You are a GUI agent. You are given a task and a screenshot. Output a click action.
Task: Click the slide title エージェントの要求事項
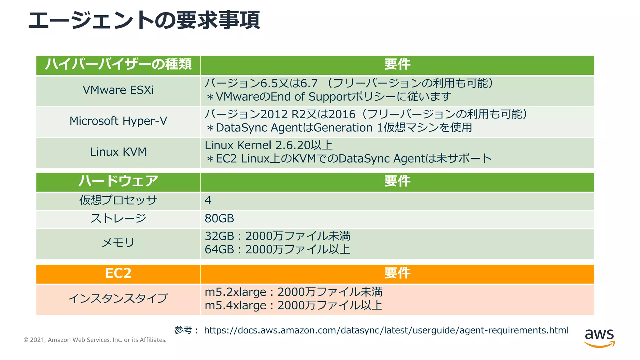(x=144, y=21)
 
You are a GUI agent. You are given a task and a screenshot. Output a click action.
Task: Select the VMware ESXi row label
(x=118, y=90)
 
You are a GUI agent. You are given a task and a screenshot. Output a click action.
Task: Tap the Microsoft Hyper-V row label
(x=118, y=121)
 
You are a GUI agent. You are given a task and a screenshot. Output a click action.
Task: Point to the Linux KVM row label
(x=118, y=152)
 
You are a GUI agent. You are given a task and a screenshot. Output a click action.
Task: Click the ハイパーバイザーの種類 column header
(x=118, y=64)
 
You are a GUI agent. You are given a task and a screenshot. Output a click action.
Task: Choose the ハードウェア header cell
(x=118, y=181)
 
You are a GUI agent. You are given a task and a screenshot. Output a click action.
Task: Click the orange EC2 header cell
(x=118, y=273)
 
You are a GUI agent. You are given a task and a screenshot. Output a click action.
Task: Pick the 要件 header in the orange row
(x=397, y=273)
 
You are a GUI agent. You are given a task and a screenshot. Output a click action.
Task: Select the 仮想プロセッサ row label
(x=118, y=200)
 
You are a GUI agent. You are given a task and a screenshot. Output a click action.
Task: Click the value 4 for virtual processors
(x=208, y=200)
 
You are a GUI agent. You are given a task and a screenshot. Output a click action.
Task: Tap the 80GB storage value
(x=219, y=218)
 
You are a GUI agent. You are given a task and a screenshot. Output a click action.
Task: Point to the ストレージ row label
(x=118, y=218)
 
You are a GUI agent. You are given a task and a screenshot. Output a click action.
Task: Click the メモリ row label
(x=118, y=242)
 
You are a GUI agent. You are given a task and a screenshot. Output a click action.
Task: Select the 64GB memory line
(x=277, y=250)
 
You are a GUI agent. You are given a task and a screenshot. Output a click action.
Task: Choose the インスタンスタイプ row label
(x=118, y=298)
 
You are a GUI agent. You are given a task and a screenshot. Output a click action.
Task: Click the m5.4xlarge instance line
(x=293, y=305)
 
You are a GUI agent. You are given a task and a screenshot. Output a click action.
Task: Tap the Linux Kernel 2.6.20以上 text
(x=268, y=145)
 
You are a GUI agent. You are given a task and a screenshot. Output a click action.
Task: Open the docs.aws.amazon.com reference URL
(x=386, y=330)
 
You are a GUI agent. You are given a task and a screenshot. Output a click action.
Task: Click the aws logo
(x=599, y=337)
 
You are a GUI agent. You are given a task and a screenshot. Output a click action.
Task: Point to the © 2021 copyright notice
(x=95, y=340)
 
